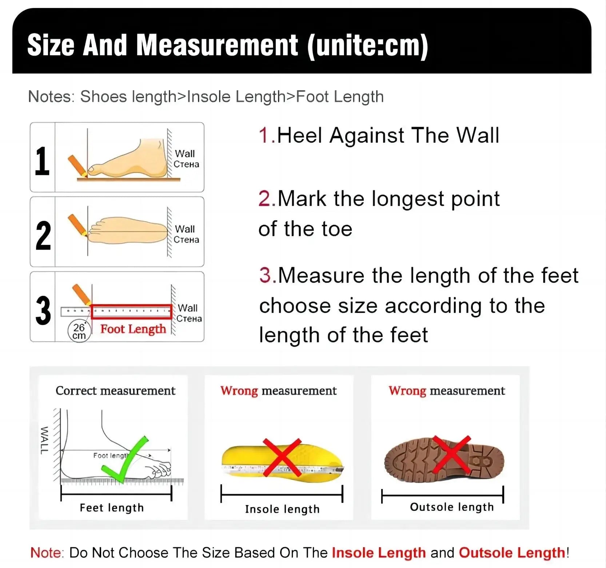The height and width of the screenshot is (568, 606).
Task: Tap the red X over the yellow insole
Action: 282,457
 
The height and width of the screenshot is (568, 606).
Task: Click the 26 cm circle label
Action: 79,331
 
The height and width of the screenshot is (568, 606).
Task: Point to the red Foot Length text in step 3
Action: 133,329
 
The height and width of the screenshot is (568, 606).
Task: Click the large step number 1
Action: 42,161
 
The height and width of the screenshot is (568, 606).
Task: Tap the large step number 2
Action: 43,236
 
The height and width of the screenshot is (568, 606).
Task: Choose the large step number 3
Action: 43,310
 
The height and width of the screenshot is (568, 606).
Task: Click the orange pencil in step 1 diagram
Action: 77,165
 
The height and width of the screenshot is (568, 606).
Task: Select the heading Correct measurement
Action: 115,391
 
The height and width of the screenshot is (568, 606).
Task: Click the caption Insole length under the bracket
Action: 282,509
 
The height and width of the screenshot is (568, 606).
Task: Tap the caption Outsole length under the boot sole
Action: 452,507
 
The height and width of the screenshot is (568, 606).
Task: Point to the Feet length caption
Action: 112,508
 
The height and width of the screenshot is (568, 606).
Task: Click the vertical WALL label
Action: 44,440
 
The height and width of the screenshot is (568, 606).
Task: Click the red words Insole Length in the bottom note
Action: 379,553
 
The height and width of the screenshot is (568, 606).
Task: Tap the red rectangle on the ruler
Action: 131,311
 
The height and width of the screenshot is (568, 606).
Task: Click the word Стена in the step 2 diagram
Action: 186,240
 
